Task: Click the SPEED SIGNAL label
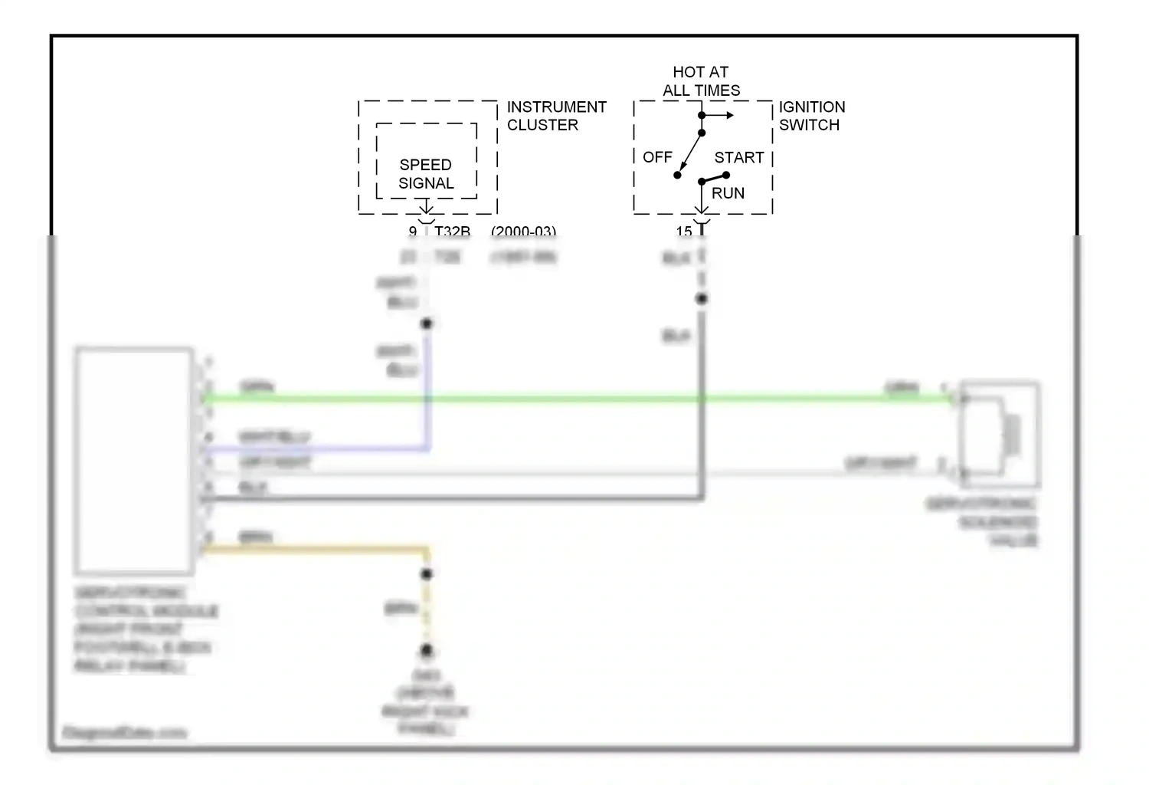(426, 174)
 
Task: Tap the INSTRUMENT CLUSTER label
(556, 116)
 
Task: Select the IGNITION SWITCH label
(811, 116)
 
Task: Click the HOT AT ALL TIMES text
(701, 81)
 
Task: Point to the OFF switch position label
(657, 157)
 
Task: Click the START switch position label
(738, 158)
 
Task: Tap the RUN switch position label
(728, 193)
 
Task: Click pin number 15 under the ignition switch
(684, 231)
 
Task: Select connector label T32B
(452, 231)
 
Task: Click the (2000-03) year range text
(523, 231)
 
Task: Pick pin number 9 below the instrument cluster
(413, 231)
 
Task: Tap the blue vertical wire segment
(427, 383)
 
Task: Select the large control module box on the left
(133, 460)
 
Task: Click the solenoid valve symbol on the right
(1000, 434)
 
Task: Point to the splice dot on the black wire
(702, 299)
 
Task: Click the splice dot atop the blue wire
(427, 324)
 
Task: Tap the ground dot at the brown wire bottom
(427, 651)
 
